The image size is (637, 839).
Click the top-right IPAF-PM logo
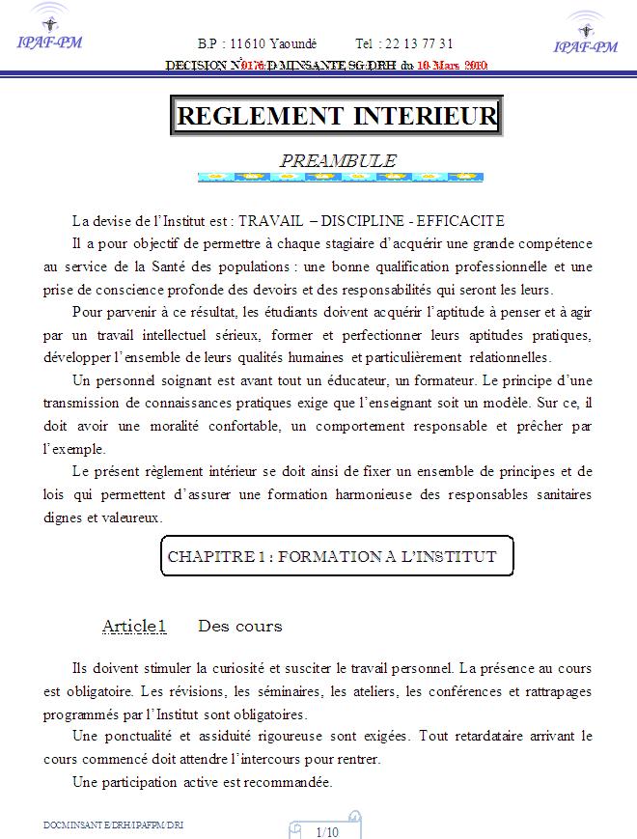(585, 34)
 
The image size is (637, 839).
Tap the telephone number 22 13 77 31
(420, 44)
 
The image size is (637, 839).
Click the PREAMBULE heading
(338, 160)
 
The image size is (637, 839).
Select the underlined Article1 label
(134, 627)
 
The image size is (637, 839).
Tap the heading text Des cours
(239, 627)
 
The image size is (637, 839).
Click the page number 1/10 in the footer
(327, 831)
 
